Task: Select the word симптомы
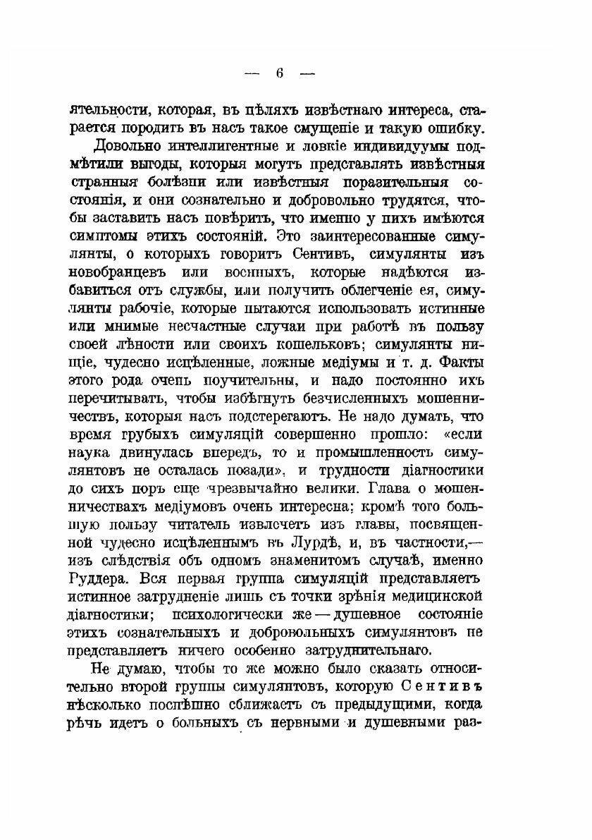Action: click(x=103, y=235)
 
